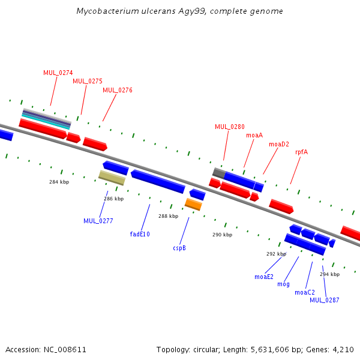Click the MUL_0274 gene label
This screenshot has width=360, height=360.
coord(58,73)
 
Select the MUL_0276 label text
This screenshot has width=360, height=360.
coord(118,90)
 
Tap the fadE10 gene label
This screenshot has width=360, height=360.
coord(140,234)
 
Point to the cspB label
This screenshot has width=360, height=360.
coord(179,248)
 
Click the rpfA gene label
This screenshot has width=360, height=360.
coord(301,152)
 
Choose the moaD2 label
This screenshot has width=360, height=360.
coord(279,144)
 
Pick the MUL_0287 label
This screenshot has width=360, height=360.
coord(325,300)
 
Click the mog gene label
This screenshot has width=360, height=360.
coord(284,284)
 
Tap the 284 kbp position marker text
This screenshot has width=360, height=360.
coord(59,182)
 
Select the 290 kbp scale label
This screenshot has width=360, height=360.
coord(222,235)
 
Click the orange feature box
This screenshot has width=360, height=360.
coord(194,205)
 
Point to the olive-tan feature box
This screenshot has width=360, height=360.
coord(112,178)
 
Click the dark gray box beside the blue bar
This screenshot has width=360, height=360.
coord(219,173)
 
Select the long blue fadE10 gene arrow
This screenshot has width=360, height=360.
coord(158,181)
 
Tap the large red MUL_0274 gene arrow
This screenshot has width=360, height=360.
coord(43,129)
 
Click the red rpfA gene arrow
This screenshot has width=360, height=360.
coord(281,206)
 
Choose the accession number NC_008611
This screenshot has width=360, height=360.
coord(65,350)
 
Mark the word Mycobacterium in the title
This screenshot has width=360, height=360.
coord(107,11)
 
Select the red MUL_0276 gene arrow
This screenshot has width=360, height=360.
coord(95,144)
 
